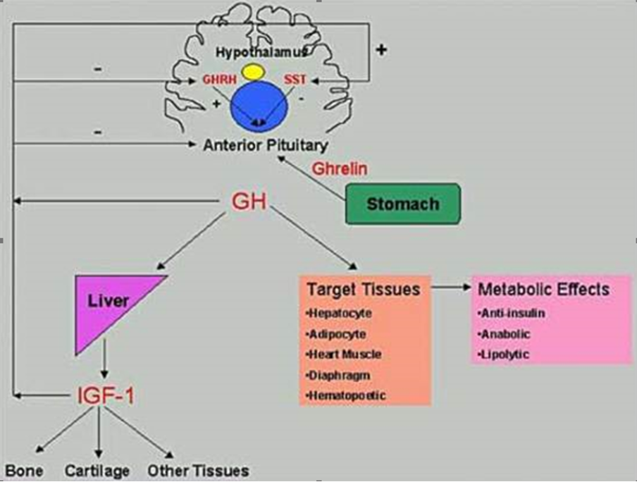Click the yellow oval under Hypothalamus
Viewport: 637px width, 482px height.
point(253,73)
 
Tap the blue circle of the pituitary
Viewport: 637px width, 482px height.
point(259,106)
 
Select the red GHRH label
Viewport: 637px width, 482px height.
point(219,79)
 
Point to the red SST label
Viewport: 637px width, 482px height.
point(295,79)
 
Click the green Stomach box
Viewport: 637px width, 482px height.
point(403,204)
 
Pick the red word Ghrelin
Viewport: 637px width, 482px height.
point(340,168)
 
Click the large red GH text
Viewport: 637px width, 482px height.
point(249,201)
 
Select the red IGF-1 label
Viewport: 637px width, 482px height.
point(106,396)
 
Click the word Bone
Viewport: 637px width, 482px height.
point(25,471)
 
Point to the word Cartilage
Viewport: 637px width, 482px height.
point(97,471)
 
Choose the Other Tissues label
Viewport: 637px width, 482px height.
point(198,471)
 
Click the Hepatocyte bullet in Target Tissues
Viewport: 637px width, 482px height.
point(339,314)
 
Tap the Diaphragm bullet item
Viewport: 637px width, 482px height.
point(338,375)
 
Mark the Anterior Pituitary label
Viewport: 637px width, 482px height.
point(266,145)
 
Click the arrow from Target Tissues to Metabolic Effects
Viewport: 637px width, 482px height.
point(451,287)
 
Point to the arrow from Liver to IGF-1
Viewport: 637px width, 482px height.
point(104,359)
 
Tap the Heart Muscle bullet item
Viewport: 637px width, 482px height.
point(344,354)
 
